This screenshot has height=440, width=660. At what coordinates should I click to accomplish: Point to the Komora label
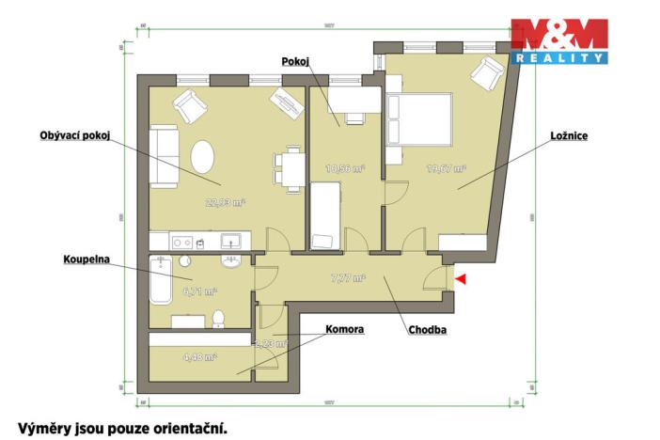[x=344, y=330]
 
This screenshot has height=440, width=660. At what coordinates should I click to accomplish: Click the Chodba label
[x=427, y=331]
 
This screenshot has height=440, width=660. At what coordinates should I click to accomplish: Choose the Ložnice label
[x=569, y=136]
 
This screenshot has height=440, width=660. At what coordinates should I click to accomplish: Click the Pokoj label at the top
[x=295, y=61]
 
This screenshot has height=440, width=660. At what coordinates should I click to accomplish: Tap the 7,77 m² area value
[x=348, y=278]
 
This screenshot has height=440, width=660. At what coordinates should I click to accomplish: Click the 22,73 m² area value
[x=226, y=201]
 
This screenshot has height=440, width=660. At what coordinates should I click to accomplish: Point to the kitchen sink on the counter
[x=230, y=241]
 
